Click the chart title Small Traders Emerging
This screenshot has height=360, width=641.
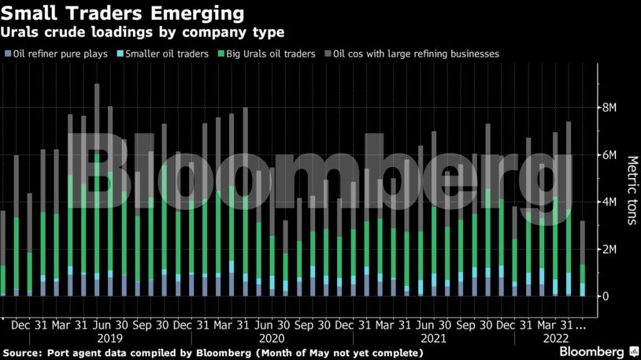click(122, 13)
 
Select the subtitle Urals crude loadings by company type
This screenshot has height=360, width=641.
click(142, 32)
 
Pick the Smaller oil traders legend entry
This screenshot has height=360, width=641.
click(162, 54)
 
